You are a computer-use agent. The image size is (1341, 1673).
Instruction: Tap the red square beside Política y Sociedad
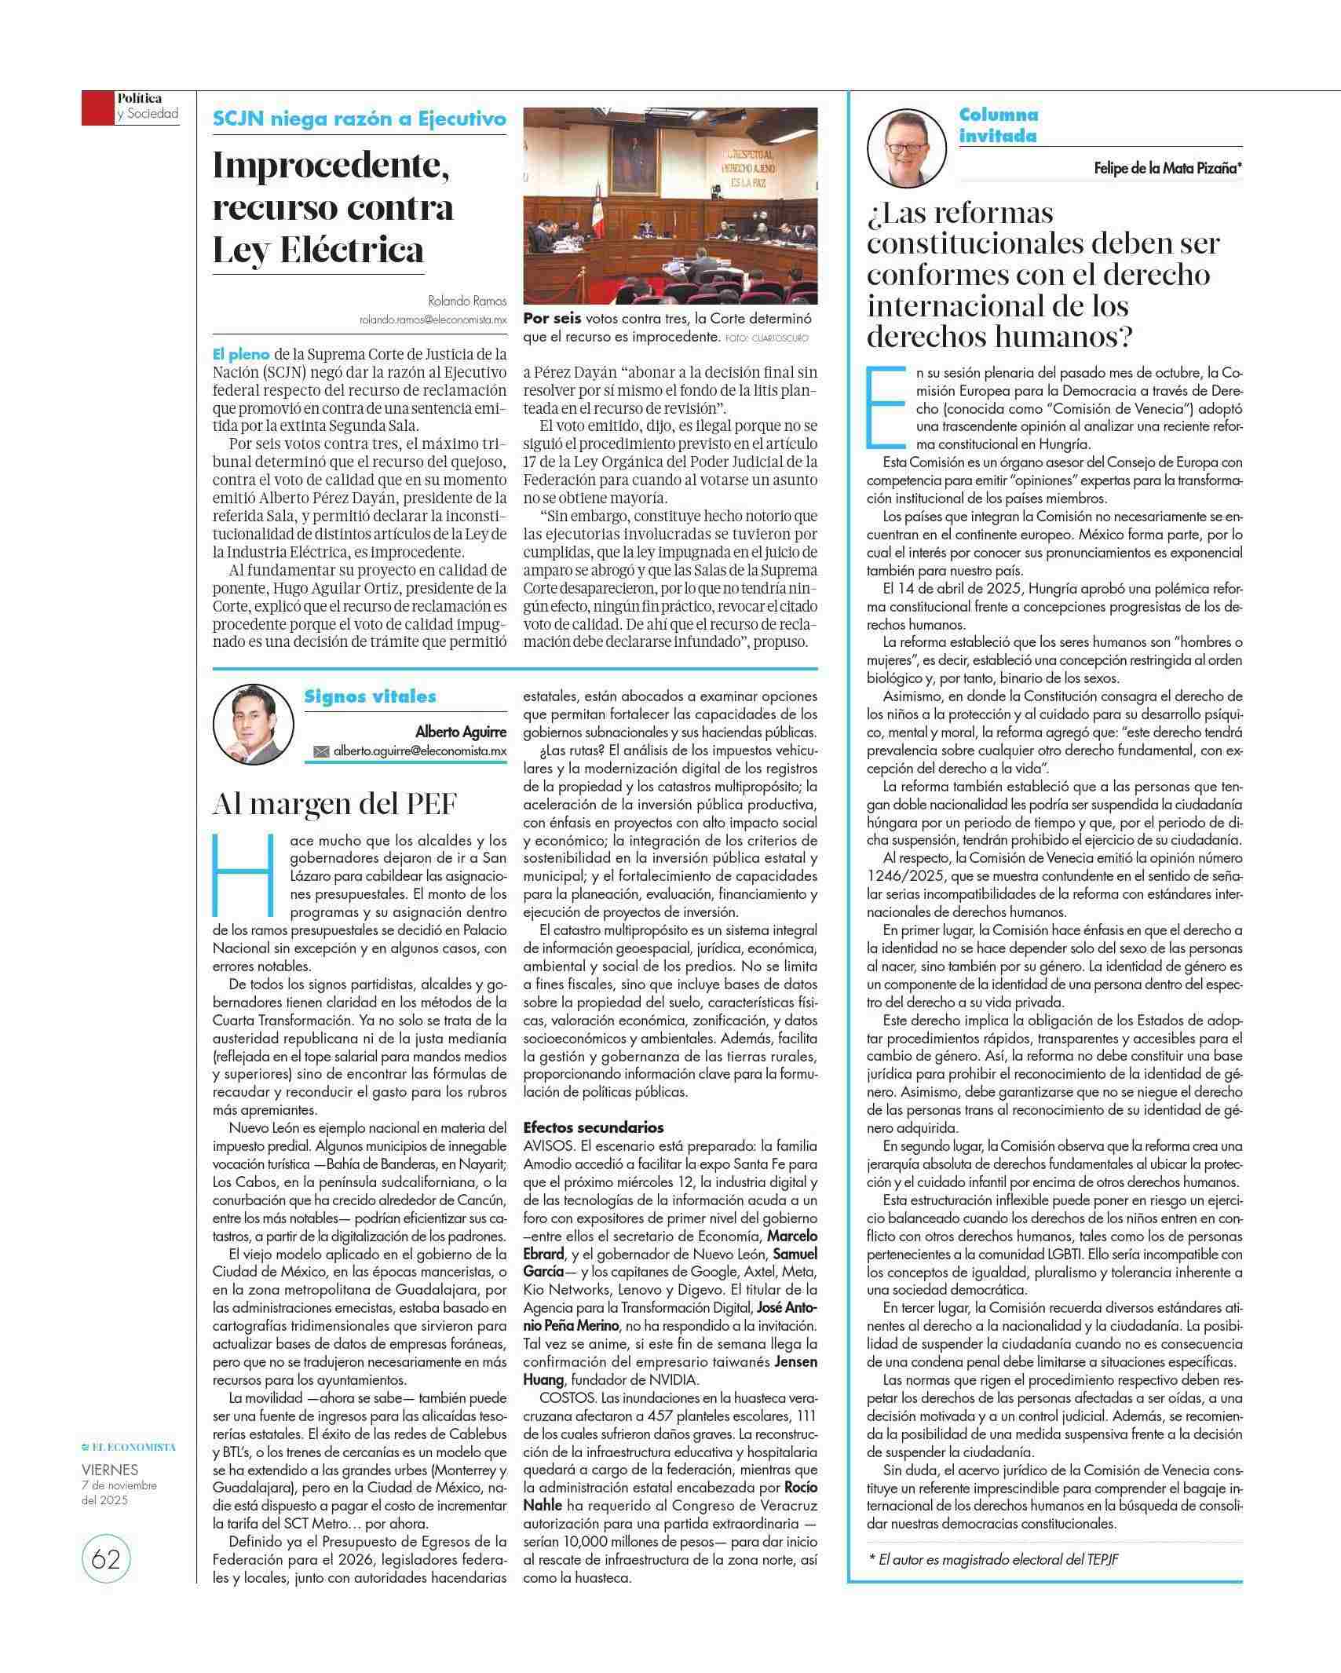click(x=98, y=108)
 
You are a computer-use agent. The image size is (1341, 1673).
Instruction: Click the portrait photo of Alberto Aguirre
click(x=253, y=724)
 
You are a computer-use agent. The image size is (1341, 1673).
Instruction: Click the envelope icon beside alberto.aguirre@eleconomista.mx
click(x=321, y=751)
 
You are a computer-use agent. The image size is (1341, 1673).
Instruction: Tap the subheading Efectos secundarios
click(x=593, y=1127)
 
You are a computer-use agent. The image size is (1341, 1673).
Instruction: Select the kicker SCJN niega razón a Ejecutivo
click(x=359, y=119)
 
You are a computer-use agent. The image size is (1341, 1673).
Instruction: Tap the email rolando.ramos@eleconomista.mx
click(x=433, y=320)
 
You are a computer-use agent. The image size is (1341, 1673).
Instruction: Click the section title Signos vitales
click(x=370, y=696)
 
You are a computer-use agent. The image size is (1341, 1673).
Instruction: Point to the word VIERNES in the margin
click(x=110, y=1469)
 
